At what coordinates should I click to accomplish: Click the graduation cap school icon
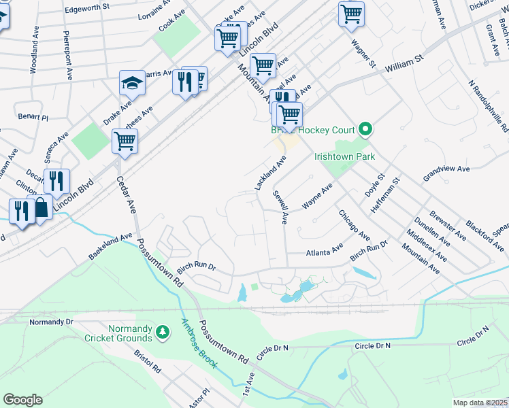click(133, 84)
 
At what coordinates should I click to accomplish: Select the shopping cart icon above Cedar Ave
click(125, 141)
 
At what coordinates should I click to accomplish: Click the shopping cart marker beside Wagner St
click(351, 14)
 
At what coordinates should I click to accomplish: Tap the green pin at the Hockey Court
click(365, 129)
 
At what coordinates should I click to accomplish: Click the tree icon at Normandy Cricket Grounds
click(162, 332)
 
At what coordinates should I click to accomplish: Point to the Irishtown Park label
click(345, 156)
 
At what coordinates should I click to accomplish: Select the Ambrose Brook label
click(199, 344)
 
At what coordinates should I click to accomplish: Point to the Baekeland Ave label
click(110, 247)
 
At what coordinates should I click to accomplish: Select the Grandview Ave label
click(446, 169)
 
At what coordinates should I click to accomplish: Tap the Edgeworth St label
click(86, 7)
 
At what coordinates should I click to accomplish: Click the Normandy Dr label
click(51, 321)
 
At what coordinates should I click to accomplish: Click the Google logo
click(22, 400)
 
